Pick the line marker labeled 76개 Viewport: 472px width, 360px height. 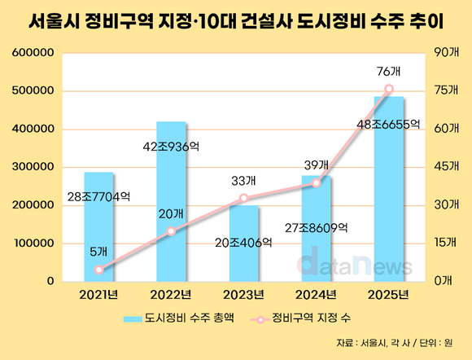[x=388, y=89]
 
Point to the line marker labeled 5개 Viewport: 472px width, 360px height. [x=98, y=270]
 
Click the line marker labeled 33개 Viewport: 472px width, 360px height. [x=243, y=198]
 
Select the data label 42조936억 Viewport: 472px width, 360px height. [x=171, y=147]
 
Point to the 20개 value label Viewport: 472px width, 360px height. [x=172, y=213]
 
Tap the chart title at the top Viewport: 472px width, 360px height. [x=236, y=21]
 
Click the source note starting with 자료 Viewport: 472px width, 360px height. [x=404, y=342]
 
